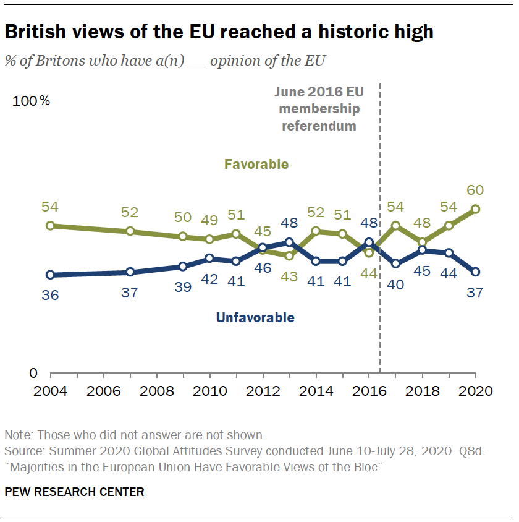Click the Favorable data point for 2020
click(x=475, y=209)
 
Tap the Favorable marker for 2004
click(x=51, y=226)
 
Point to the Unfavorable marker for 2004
click(x=51, y=275)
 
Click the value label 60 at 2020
click(x=475, y=190)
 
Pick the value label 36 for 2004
click(x=51, y=295)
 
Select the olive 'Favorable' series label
click(x=256, y=164)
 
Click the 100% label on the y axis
click(x=32, y=101)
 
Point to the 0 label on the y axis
click(x=33, y=374)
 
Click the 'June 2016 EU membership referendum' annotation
click(x=319, y=109)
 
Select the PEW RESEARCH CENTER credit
click(x=75, y=492)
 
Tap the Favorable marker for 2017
click(x=395, y=226)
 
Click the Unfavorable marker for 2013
click(x=289, y=242)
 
